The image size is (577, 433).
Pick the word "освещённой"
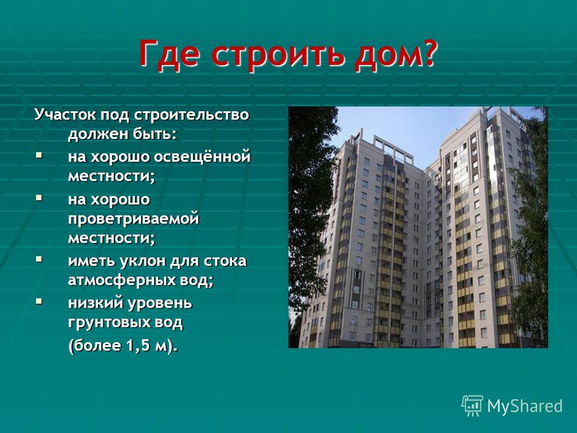(202, 157)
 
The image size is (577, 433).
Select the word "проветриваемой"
(133, 220)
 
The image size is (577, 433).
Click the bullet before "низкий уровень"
(39, 302)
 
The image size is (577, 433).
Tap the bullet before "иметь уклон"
(39, 259)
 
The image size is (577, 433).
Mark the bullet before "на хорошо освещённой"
(39, 155)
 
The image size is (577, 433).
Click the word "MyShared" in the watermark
(525, 406)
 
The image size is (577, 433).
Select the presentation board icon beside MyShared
(472, 406)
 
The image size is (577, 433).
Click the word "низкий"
(94, 303)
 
